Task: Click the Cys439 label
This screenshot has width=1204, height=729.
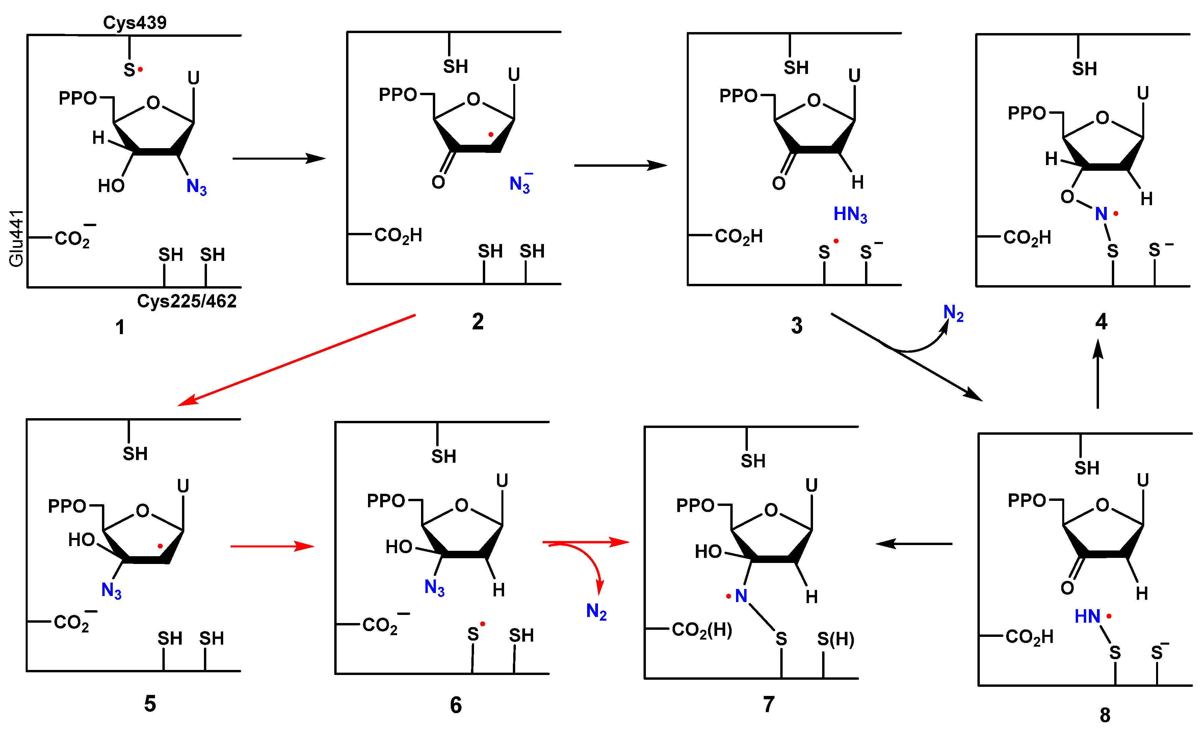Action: (x=134, y=23)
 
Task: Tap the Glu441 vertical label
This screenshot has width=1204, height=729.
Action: (x=16, y=238)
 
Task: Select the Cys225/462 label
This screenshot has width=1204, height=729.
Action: (x=187, y=301)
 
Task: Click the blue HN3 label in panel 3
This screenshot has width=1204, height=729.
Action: (x=850, y=215)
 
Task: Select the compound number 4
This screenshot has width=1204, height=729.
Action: (x=1101, y=322)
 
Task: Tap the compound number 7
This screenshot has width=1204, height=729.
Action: (x=769, y=704)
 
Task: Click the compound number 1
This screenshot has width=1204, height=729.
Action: (x=120, y=327)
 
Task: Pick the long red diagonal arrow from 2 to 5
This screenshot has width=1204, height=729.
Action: (x=296, y=360)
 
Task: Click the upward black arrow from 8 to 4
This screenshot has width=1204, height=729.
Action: (x=1098, y=374)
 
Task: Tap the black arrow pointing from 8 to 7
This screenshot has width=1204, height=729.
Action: (x=914, y=543)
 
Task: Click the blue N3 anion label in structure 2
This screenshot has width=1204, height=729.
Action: (x=520, y=184)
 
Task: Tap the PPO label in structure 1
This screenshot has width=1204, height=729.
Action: (x=78, y=98)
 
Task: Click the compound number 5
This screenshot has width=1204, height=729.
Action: (x=150, y=704)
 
